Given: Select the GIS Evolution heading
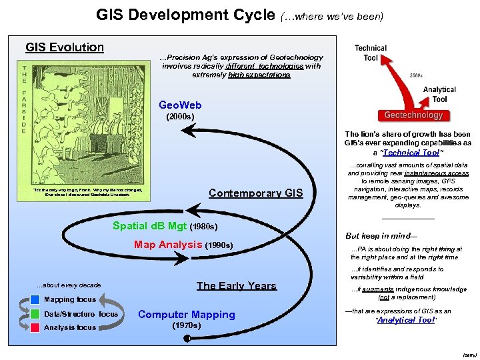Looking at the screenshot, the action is (65, 47).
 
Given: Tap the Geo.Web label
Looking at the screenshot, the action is (180, 105).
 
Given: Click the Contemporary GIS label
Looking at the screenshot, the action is (255, 193).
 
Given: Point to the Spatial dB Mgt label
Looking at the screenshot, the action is (150, 226).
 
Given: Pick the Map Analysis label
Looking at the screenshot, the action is (168, 245).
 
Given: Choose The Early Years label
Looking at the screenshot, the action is (236, 286).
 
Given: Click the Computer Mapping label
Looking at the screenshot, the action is (186, 315).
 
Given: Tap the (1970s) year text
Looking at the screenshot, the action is (185, 326).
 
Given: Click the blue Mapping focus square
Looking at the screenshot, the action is (35, 299).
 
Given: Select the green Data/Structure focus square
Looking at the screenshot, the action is (35, 313).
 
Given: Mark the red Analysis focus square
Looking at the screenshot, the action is (35, 327).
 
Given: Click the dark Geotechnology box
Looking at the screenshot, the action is (413, 115).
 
